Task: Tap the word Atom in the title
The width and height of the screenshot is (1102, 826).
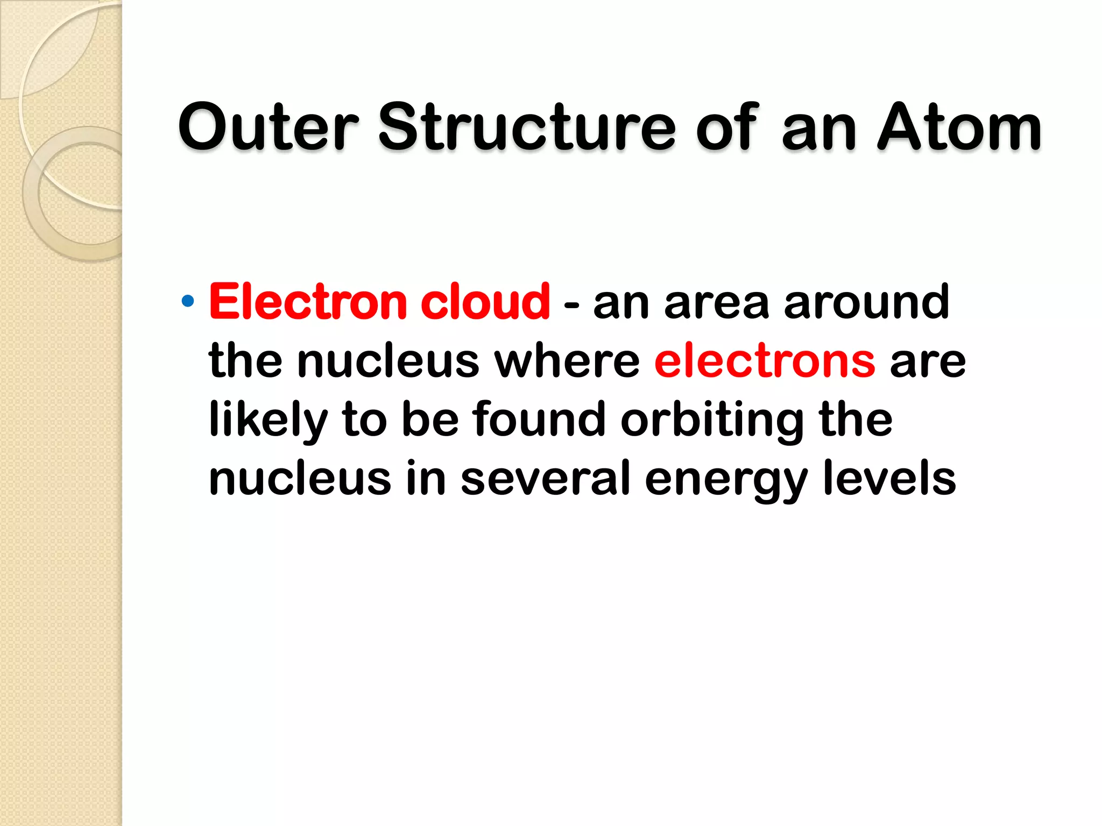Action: coord(959,127)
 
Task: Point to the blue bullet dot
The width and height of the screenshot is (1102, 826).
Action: coord(187,301)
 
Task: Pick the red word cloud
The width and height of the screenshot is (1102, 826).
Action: coord(485,302)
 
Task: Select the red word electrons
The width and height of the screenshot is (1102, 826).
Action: coord(765,361)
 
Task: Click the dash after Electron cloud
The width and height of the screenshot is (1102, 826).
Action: coord(571,305)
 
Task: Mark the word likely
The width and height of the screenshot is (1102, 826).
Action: coord(268,421)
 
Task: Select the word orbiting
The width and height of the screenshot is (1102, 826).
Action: coord(712,421)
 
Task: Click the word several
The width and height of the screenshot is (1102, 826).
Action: coord(545,478)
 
